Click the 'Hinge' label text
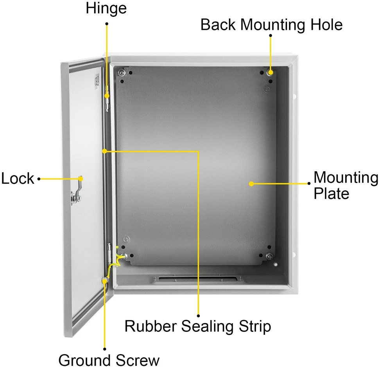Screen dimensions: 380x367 (106, 8)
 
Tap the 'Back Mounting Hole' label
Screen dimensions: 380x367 (271, 25)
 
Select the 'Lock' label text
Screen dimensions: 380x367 (18, 179)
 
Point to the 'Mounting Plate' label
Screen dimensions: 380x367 (346, 185)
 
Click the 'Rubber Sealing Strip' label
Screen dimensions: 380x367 (198, 327)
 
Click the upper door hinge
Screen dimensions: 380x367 (107, 98)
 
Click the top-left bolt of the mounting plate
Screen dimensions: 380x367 (122, 72)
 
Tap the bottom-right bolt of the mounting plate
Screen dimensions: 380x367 (269, 256)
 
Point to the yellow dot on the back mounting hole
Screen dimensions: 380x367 (271, 72)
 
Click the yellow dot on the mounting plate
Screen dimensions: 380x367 (251, 184)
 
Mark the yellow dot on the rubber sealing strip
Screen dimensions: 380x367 (104, 151)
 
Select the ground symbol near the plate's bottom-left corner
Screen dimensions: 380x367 (127, 239)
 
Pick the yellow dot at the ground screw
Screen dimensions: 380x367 (104, 281)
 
